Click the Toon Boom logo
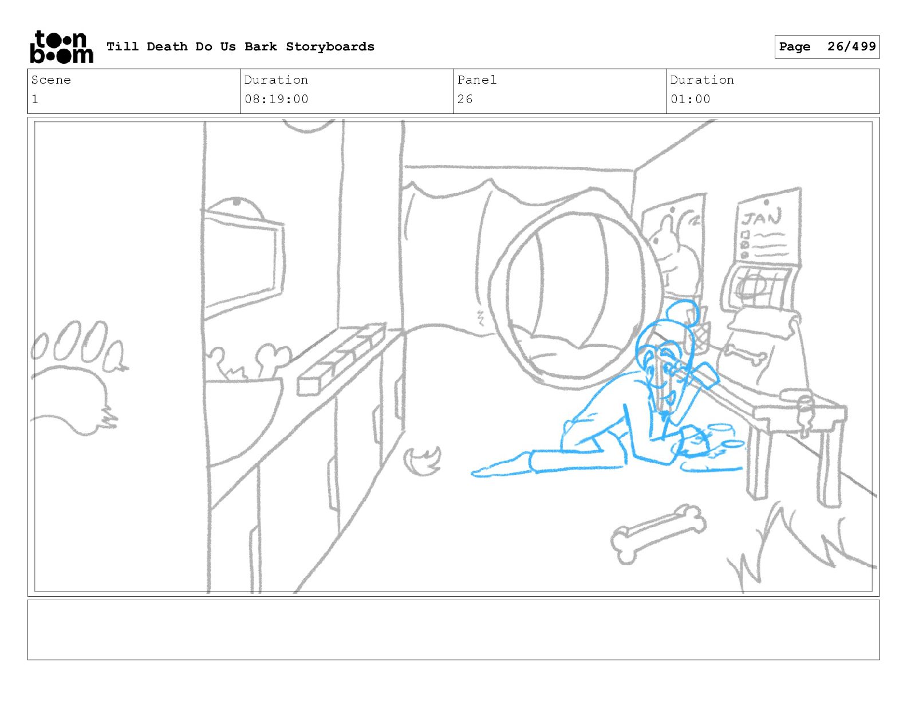[x=62, y=47]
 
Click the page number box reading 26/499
[x=827, y=47]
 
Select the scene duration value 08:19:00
[x=277, y=100]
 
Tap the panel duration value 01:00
[x=691, y=100]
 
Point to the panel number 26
[x=465, y=100]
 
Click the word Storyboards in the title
[x=330, y=46]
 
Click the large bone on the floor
[x=658, y=534]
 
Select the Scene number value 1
[x=35, y=100]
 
